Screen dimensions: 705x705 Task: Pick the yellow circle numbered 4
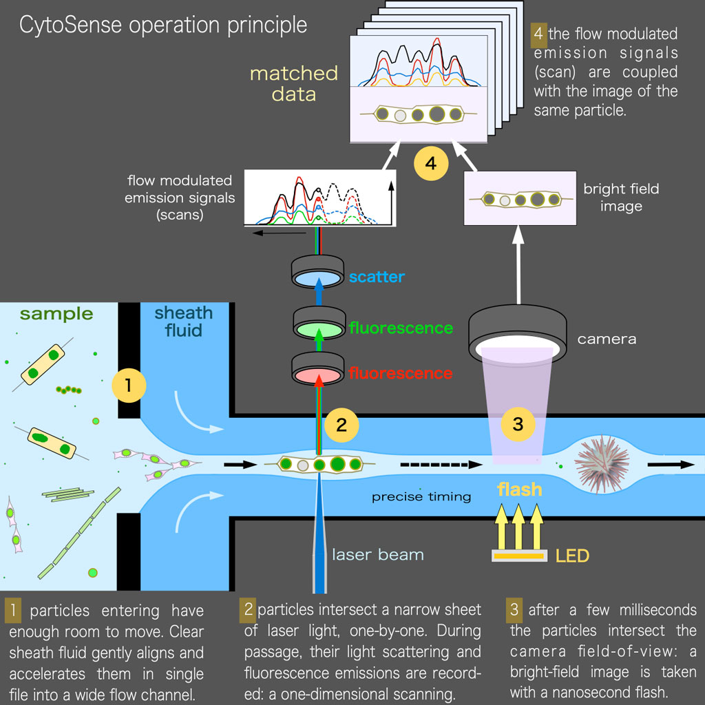click(x=431, y=163)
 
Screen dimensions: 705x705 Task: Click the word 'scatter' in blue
click(x=376, y=277)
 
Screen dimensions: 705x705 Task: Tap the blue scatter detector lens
click(x=319, y=277)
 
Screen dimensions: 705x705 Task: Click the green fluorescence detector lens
click(x=319, y=328)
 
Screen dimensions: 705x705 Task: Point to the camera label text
click(x=607, y=339)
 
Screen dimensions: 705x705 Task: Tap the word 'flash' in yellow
click(x=520, y=490)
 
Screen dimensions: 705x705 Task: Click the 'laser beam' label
click(x=378, y=554)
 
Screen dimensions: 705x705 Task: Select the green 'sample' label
click(x=56, y=315)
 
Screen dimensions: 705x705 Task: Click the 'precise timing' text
click(x=421, y=496)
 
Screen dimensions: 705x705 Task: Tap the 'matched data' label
click(x=294, y=83)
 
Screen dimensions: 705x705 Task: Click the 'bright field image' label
click(x=621, y=197)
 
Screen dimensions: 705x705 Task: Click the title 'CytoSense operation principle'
click(x=163, y=25)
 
